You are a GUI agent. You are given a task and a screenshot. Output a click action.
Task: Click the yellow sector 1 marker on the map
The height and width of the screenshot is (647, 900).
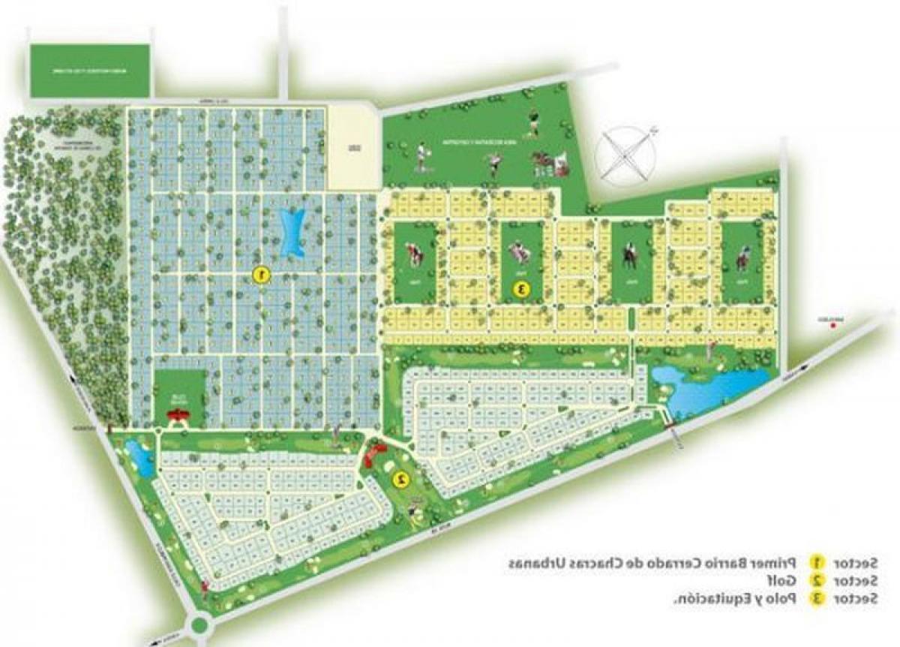click(260, 275)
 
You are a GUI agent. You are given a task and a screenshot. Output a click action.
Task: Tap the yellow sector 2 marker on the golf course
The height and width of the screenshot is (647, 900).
click(401, 478)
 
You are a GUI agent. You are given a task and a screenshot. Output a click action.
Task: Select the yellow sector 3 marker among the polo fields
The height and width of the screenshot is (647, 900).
click(518, 287)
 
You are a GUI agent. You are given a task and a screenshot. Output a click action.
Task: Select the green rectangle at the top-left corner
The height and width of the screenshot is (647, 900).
click(89, 71)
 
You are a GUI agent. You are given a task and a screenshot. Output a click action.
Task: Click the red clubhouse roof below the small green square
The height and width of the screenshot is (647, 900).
click(178, 415)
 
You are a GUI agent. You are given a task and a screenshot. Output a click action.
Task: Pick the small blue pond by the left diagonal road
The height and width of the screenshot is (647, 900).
click(139, 457)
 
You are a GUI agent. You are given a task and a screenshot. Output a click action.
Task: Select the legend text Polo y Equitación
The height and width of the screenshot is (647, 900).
click(738, 599)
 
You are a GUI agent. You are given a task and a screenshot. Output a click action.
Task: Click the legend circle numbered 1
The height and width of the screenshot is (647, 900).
click(817, 563)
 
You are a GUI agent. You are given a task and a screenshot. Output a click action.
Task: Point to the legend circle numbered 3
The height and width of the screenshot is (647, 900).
click(817, 599)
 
